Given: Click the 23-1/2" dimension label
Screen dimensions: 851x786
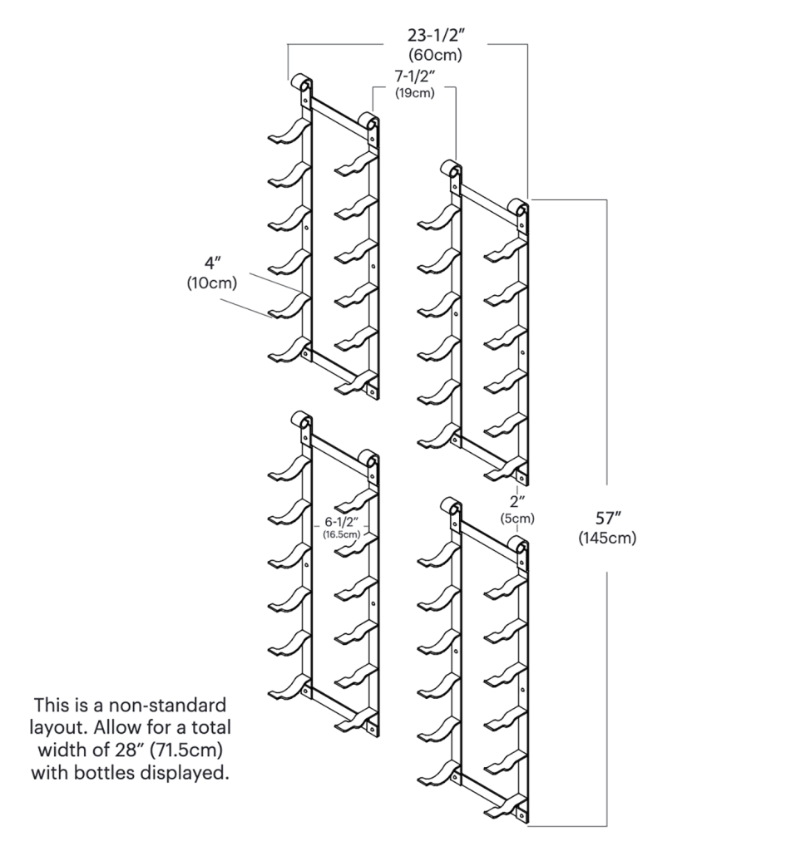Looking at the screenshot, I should pos(435,37).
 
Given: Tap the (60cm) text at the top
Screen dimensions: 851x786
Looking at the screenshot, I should pos(435,56).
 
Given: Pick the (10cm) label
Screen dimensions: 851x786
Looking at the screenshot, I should pos(212,283).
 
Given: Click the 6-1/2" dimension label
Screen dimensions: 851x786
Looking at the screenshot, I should pos(342,522).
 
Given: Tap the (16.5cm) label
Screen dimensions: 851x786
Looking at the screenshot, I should pos(342,534).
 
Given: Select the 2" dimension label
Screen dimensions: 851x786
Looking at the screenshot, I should pos(517,501).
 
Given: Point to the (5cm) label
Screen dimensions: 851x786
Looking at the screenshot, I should pos(517,518).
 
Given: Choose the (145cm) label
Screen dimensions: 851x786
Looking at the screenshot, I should pos(607,538).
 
